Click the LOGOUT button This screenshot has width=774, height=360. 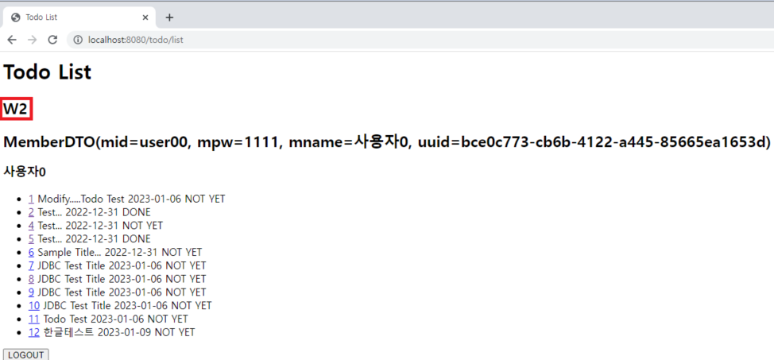pos(25,354)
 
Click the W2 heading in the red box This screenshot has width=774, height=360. pos(16,109)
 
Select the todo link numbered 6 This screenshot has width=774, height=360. pos(31,252)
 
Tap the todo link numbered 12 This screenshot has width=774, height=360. pos(34,332)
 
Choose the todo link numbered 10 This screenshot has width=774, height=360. pos(34,305)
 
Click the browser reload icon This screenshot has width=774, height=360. pos(52,40)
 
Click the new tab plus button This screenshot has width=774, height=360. pos(169,17)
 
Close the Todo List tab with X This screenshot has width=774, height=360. pos(144,17)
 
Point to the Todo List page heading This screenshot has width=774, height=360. pos(48,72)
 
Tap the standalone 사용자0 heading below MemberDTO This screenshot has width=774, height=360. pos(25,171)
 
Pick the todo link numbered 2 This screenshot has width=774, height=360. pos(31,212)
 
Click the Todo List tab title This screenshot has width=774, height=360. pos(41,17)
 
